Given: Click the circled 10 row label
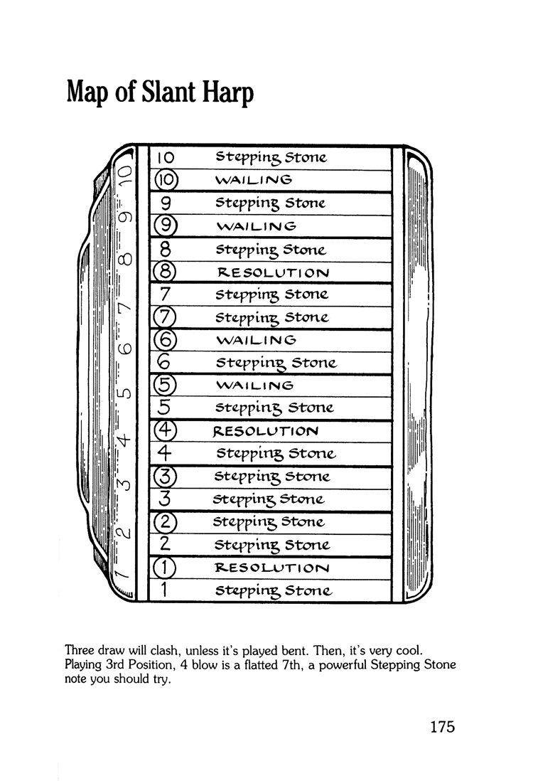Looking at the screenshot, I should click(x=166, y=179).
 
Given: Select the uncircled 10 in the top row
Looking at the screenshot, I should click(x=165, y=156).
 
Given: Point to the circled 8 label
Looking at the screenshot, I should click(x=165, y=272).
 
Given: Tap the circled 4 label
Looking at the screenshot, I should click(x=165, y=431).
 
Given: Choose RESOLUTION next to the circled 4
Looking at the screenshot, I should click(x=266, y=431).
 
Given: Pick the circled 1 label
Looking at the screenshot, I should click(x=165, y=568).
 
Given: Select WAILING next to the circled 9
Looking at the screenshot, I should click(x=256, y=225).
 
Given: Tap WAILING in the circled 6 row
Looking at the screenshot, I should click(x=256, y=339).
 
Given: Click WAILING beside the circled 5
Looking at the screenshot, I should click(x=254, y=386).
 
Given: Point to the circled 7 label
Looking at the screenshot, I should click(x=165, y=317).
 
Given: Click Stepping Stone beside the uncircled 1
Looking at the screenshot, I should click(x=274, y=590).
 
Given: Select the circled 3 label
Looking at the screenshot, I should click(x=165, y=476).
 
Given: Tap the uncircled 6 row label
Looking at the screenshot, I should click(x=164, y=363).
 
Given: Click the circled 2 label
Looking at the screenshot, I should click(x=165, y=522).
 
